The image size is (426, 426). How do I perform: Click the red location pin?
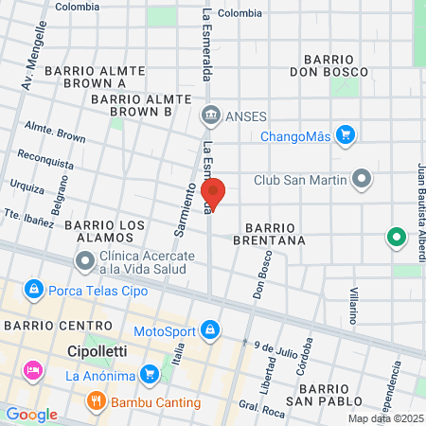(x=214, y=193)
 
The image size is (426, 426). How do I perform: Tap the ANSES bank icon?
(x=210, y=117)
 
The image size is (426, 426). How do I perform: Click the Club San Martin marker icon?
(x=361, y=178)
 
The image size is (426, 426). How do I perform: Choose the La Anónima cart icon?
(x=149, y=376)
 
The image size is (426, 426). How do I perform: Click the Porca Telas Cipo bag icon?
(x=33, y=288)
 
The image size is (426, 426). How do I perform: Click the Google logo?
(x=31, y=415)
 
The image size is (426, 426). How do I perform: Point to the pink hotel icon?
(x=33, y=368)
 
